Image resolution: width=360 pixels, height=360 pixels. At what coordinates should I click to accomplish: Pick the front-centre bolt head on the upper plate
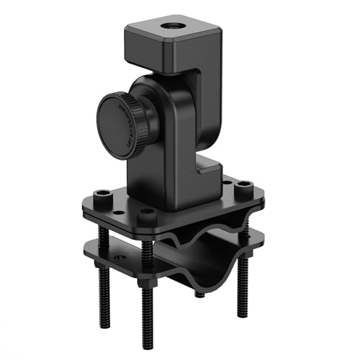coord(147,214)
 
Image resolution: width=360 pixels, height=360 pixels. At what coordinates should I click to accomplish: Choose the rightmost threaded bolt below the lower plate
coord(242,288)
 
